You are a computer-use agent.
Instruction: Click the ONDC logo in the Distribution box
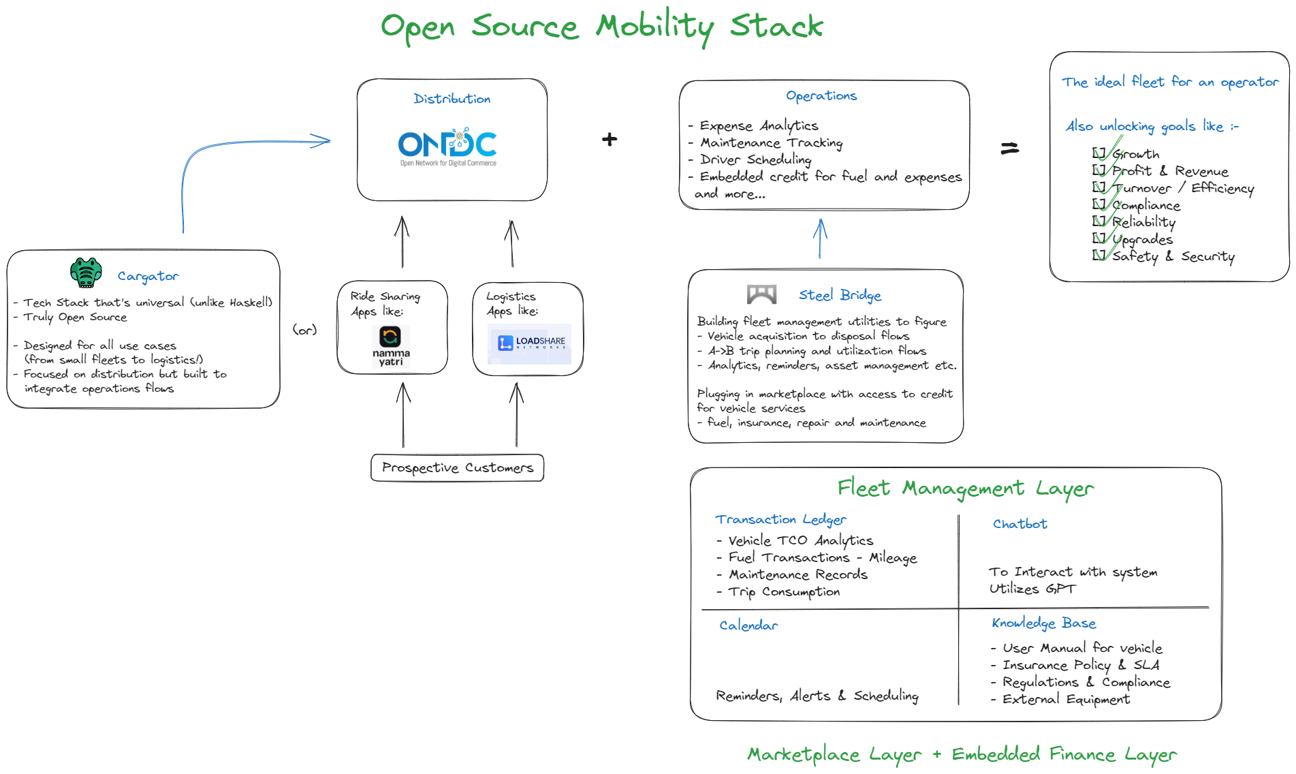(447, 146)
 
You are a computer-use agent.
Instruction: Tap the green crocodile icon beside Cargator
(86, 273)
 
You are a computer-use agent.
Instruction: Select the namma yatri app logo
(390, 345)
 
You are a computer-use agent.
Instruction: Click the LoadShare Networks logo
(529, 344)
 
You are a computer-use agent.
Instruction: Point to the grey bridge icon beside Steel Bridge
(761, 294)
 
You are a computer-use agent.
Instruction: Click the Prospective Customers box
(457, 468)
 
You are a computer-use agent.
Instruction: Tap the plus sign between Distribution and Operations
(610, 140)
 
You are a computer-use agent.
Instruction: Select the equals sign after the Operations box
(1009, 148)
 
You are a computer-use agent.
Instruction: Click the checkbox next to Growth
(1099, 153)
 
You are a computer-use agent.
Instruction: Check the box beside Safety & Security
(1099, 256)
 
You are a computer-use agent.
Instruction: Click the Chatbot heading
(1020, 524)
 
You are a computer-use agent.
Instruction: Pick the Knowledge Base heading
(1043, 623)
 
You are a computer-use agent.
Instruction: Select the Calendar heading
(748, 625)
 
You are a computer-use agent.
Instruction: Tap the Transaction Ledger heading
(780, 519)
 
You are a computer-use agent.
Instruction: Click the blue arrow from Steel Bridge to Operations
(820, 238)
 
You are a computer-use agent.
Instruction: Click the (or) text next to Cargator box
(304, 330)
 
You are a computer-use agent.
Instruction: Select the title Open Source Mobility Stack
(601, 27)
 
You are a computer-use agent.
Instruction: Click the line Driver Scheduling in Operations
(755, 159)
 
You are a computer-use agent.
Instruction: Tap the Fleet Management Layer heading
(965, 489)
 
